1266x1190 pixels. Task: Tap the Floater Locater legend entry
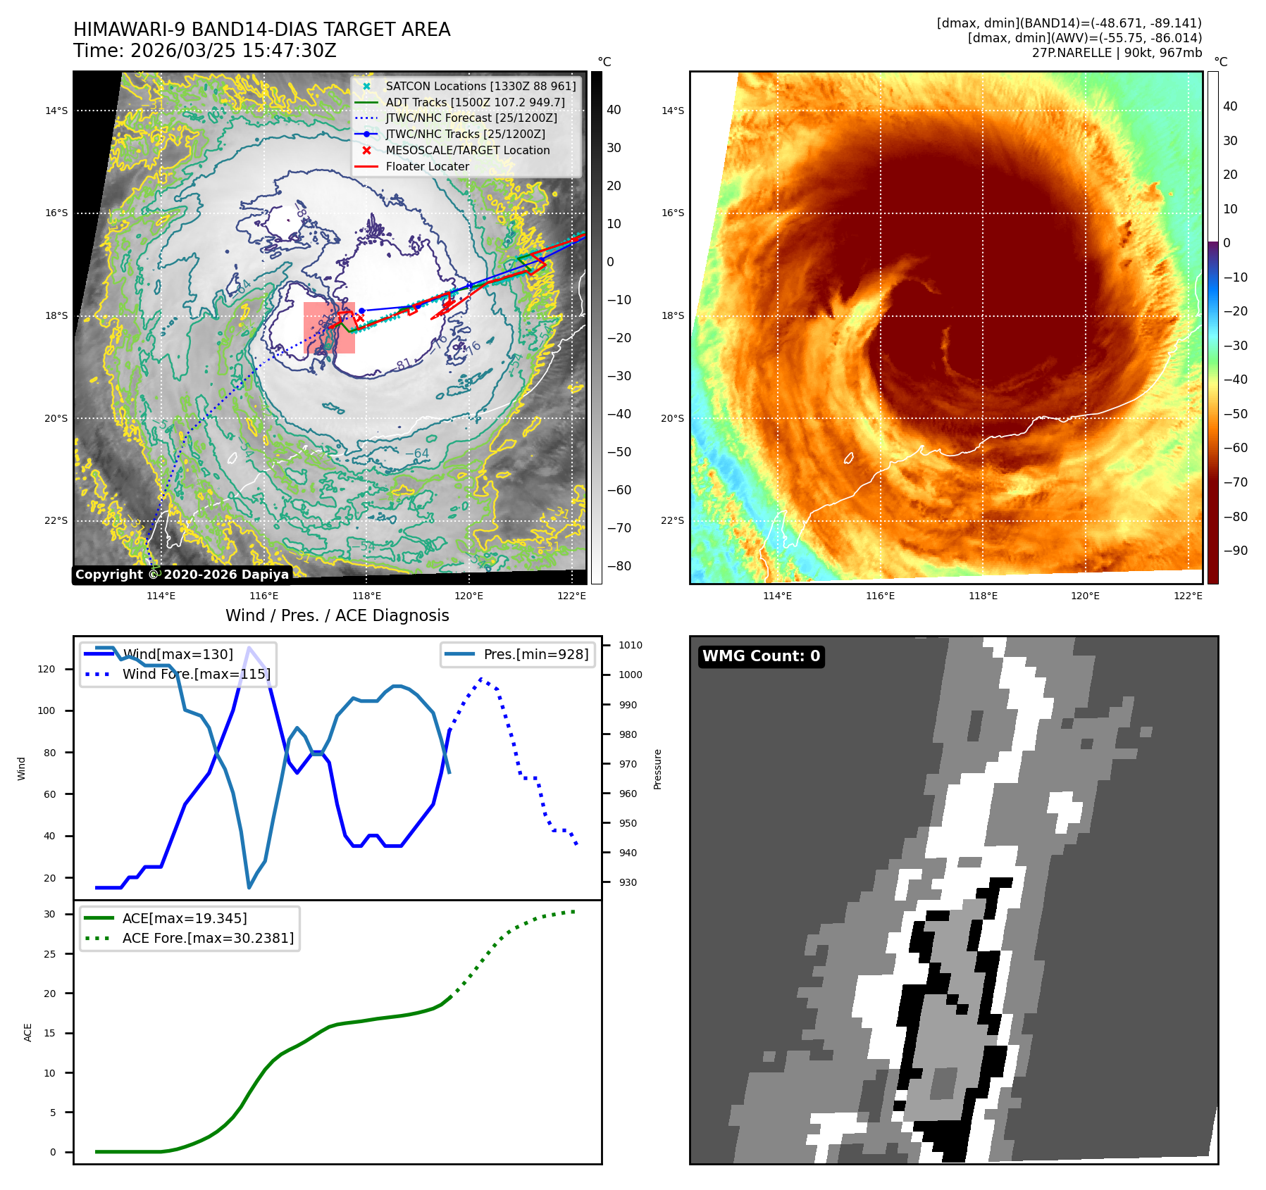click(427, 166)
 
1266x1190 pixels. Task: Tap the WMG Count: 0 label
click(761, 656)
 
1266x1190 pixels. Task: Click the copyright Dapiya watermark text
click(182, 575)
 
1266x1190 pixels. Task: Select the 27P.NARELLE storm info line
click(1117, 53)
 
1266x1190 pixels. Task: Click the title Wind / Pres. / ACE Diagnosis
click(337, 615)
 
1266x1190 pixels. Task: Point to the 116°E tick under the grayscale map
click(263, 596)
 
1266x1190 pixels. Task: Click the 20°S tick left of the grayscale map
click(56, 418)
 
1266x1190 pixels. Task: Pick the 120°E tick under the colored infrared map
click(1085, 596)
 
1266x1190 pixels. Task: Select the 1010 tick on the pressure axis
click(630, 645)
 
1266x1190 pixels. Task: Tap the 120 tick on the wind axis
click(46, 669)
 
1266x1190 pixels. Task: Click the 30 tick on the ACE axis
click(49, 914)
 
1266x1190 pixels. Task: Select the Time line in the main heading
click(204, 51)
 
